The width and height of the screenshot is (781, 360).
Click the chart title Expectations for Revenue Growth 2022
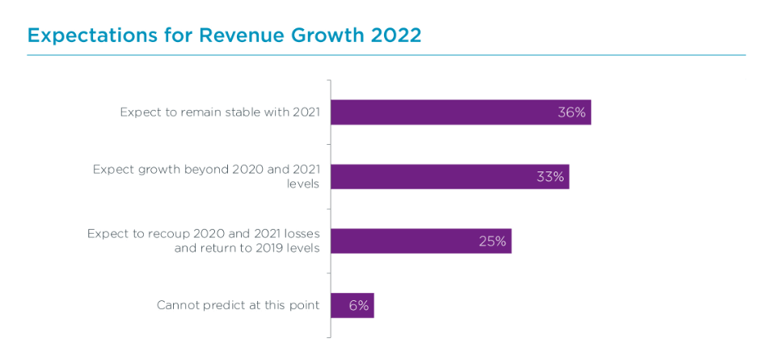[224, 36]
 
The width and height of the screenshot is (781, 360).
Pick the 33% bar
[437, 176]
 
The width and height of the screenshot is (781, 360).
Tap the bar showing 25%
[404, 241]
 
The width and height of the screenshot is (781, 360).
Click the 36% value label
[571, 112]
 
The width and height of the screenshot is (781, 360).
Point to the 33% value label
[550, 176]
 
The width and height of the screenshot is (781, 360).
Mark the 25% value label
[492, 241]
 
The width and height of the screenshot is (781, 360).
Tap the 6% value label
[359, 305]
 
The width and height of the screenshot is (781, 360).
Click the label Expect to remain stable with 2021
[220, 112]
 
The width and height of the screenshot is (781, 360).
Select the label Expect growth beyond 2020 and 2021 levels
[206, 176]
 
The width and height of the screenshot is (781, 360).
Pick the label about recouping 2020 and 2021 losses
[204, 241]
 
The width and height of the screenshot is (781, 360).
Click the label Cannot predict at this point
[239, 306]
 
